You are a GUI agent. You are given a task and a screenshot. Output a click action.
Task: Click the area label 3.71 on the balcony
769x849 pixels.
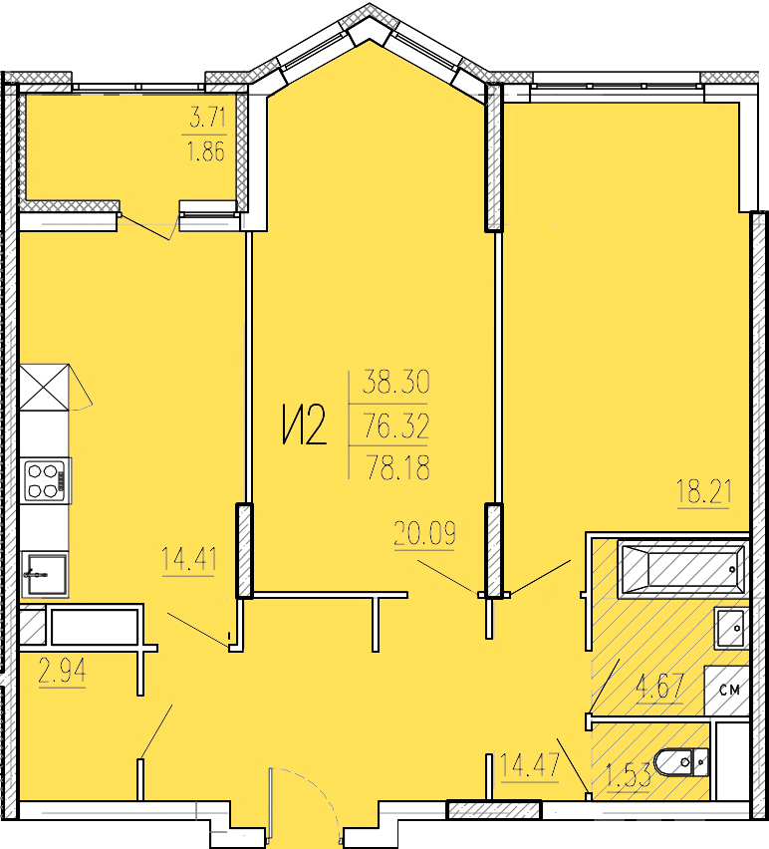point(208,117)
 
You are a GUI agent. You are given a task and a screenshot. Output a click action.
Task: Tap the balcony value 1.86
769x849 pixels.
point(206,151)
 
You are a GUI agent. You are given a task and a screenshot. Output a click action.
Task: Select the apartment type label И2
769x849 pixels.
point(305,425)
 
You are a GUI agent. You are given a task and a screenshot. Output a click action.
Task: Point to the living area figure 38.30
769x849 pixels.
point(396,382)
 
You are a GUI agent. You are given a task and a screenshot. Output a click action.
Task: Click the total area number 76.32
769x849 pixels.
point(396,425)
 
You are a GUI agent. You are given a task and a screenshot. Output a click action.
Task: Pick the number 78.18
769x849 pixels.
point(398,467)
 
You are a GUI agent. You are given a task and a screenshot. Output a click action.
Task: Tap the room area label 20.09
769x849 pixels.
point(425,533)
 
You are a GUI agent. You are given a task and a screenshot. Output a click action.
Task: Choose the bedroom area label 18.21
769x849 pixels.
point(704,491)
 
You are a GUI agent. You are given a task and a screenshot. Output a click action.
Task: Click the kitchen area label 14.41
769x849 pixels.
point(189,558)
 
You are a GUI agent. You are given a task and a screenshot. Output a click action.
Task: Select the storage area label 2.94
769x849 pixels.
point(62,672)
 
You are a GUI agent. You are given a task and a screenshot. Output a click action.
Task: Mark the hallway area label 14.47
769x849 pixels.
point(530,765)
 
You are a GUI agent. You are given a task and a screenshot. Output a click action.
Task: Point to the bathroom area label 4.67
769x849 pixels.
point(660,687)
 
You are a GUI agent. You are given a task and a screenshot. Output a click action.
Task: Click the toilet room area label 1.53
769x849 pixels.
point(629,776)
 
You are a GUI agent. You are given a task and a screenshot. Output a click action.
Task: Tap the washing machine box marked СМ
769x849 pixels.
point(727,691)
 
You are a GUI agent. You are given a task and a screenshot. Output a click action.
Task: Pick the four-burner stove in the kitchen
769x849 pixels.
point(47,481)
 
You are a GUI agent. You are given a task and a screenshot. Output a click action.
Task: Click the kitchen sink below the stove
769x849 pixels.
point(45,574)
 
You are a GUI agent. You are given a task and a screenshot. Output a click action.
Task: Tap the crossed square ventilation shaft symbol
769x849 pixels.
point(45,388)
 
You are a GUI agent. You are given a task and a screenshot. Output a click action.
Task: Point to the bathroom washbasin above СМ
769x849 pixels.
point(732,628)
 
